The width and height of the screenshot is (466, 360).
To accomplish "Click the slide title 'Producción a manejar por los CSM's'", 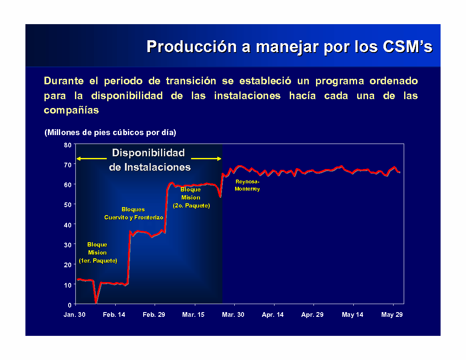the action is coord(289,47).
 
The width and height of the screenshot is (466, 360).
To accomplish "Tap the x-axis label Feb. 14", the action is coord(114,315).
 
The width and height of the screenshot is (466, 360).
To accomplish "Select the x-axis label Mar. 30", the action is coord(233,315).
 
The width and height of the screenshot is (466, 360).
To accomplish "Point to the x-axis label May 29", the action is coord(392,315).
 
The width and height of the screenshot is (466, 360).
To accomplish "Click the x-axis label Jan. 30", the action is coord(74,315).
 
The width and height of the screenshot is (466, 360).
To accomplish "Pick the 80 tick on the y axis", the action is coord(68,145).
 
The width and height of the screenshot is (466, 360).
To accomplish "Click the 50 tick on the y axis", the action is coord(68,205).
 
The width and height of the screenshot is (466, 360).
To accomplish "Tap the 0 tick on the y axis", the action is coord(69,305).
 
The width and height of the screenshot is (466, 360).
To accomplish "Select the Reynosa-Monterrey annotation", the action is coord(247,185).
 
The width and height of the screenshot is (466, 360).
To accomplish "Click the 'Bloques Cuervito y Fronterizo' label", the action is coord(134,213).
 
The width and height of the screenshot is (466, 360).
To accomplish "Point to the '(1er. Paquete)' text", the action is coord(98,260).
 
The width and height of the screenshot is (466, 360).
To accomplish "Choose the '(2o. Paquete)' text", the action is coord(191,205).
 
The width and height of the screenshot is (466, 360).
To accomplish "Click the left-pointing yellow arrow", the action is coord(92,159).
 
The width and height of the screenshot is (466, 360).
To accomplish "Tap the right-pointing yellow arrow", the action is coord(206,159).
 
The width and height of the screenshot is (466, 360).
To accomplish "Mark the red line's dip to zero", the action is coord(96,302).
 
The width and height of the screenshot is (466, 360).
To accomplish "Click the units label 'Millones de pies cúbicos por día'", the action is coord(110,133).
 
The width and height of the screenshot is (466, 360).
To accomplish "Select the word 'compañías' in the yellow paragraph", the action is coord(71,110).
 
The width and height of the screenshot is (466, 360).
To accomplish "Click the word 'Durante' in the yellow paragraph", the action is coord(64,81).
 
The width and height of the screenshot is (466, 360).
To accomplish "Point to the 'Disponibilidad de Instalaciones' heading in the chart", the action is coord(150,160).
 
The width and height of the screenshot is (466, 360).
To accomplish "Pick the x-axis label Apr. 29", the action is coord(312,315).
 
